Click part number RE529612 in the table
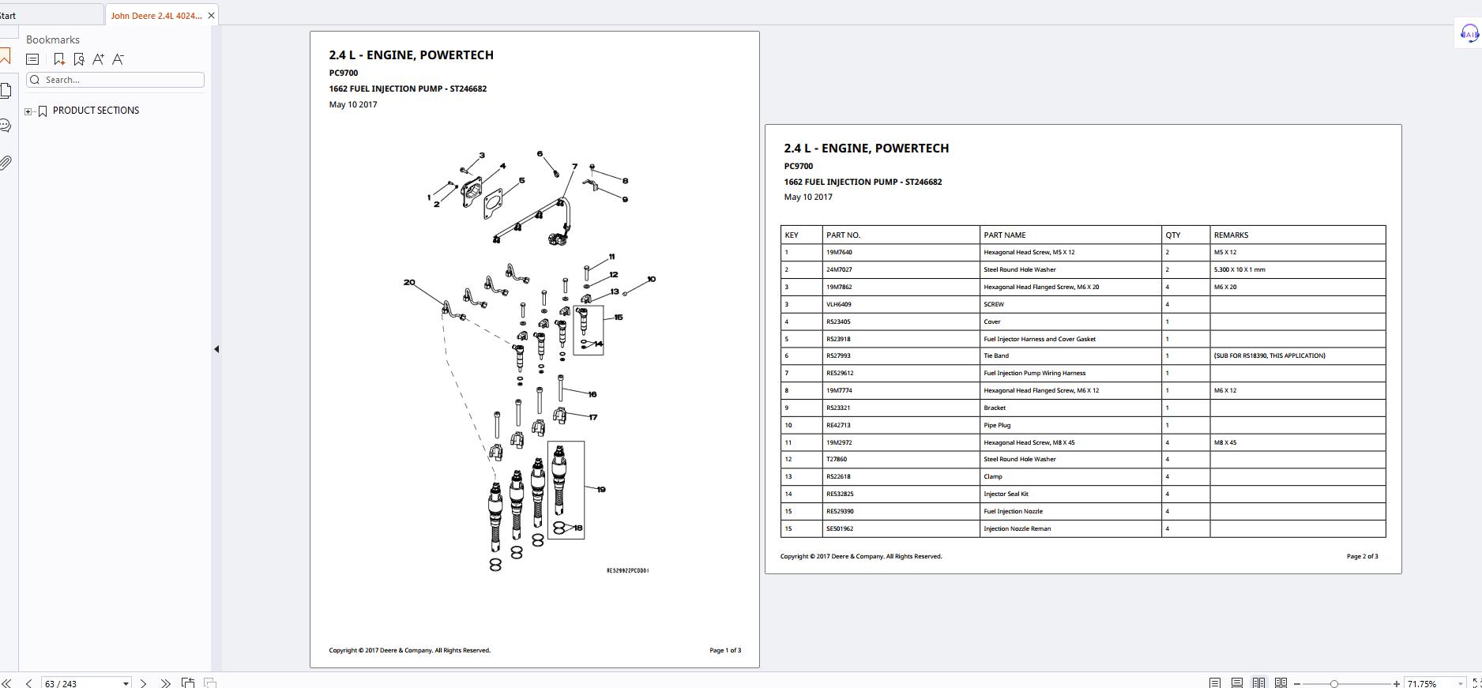pos(840,373)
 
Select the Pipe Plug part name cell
pos(997,425)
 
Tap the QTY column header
pos(1172,235)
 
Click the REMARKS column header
pos(1231,235)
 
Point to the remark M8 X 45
pos(1225,442)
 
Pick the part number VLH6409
pos(839,304)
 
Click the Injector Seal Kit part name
pos(1006,494)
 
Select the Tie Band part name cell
pos(996,355)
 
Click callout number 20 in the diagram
pos(409,282)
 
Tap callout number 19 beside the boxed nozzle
pos(601,490)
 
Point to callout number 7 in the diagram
pos(574,167)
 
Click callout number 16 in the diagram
pos(592,394)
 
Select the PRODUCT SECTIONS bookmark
pos(96,111)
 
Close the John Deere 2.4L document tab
pos(211,16)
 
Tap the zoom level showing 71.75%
pos(1422,683)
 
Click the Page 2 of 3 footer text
pos(1362,556)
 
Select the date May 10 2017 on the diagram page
pos(353,104)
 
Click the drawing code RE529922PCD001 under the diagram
pos(627,570)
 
